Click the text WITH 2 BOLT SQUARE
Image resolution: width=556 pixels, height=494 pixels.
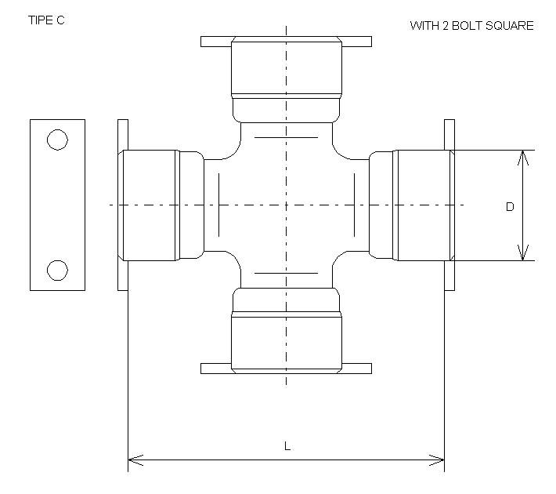click(471, 26)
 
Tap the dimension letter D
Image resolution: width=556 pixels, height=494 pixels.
click(510, 207)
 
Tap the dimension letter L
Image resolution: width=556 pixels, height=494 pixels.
click(287, 446)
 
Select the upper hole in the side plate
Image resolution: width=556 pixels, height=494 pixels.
click(57, 140)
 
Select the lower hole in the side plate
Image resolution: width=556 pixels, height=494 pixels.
click(57, 270)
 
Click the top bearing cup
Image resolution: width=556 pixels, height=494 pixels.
click(287, 69)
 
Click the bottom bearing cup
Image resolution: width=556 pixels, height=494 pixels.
click(287, 339)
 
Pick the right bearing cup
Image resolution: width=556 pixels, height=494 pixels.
click(423, 205)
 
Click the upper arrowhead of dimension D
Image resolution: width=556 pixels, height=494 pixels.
click(523, 157)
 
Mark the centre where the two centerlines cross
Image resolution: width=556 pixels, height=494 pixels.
click(287, 205)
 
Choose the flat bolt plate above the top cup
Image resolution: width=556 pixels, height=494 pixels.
click(287, 41)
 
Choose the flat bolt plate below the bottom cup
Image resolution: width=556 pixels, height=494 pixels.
click(287, 369)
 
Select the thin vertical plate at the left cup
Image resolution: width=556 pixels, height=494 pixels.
click(122, 205)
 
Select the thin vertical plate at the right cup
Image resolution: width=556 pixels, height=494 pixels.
click(449, 205)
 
